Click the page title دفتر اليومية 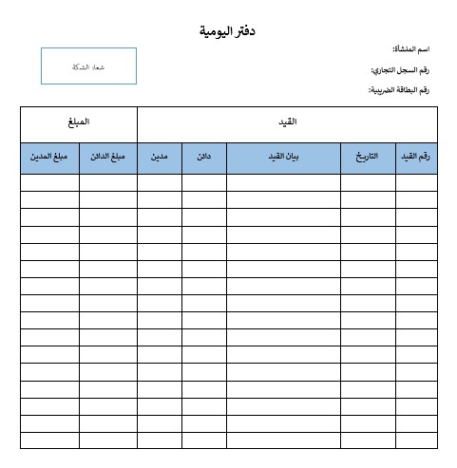click(x=229, y=31)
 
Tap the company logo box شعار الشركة click(x=88, y=66)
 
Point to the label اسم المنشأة click(x=411, y=48)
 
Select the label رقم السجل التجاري click(x=400, y=69)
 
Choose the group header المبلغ click(x=79, y=123)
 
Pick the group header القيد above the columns click(x=287, y=123)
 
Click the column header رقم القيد click(x=416, y=157)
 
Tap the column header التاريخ click(x=368, y=157)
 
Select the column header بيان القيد click(x=283, y=157)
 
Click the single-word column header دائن click(x=203, y=157)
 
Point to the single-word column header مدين click(x=160, y=157)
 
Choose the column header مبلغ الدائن click(x=108, y=157)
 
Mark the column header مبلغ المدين click(x=49, y=157)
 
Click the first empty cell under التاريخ click(x=368, y=182)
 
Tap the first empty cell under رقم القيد click(x=416, y=182)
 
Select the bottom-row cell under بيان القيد click(x=283, y=440)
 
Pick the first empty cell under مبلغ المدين click(x=49, y=182)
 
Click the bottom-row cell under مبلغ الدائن click(x=108, y=440)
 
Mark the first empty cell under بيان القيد click(x=283, y=182)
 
